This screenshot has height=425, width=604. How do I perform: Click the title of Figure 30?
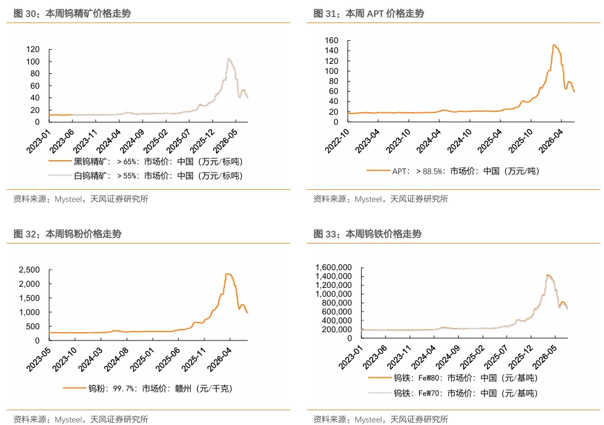[x=72, y=14]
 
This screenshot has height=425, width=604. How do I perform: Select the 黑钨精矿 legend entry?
[x=146, y=161]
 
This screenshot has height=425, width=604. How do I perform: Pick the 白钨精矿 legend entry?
[x=146, y=176]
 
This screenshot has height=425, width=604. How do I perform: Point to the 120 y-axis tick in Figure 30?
[x=33, y=49]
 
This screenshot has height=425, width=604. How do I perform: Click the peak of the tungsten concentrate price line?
[x=229, y=59]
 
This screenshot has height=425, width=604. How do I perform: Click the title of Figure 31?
[x=369, y=14]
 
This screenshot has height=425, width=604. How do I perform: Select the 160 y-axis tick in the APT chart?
[x=331, y=40]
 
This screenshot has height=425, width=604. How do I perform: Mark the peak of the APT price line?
[x=554, y=45]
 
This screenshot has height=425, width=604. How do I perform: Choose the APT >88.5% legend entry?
[x=453, y=171]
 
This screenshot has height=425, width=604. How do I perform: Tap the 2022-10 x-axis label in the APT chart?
[x=337, y=141]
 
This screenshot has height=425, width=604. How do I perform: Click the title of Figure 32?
[x=68, y=234]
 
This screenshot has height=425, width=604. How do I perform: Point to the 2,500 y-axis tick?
[x=29, y=270]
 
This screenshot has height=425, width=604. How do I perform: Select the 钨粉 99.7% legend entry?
[x=148, y=388]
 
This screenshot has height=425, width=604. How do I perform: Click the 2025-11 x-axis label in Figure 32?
[x=194, y=359]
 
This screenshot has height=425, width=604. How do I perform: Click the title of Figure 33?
[x=368, y=234]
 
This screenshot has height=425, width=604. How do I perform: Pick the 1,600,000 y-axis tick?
[x=333, y=267]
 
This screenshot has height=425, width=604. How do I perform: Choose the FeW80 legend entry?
[x=453, y=378]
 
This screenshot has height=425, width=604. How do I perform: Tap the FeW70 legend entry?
[x=453, y=393]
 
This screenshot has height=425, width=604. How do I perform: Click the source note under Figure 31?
[x=381, y=199]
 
